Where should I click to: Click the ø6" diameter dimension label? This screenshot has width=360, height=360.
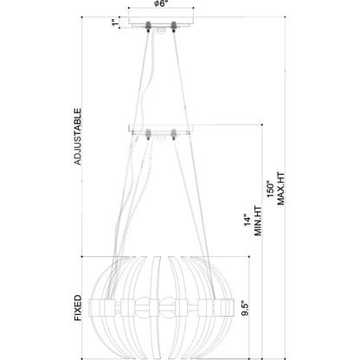pyautogui.click(x=161, y=4)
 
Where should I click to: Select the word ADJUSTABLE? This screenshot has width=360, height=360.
pyautogui.click(x=78, y=137)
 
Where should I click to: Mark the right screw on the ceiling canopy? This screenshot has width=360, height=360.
pyautogui.click(x=173, y=23)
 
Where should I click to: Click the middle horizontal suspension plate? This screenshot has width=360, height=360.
pyautogui.click(x=161, y=130)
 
